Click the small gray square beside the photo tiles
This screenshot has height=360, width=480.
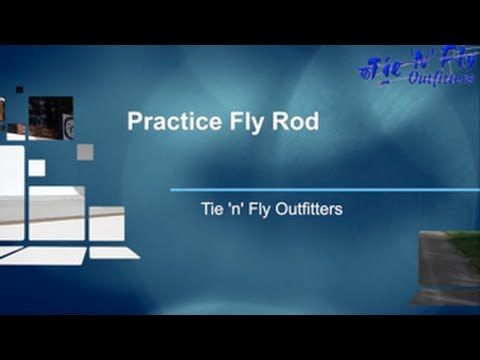coord(85,151)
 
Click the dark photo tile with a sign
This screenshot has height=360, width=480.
coord(50,118)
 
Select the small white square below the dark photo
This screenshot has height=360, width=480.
coord(36,167)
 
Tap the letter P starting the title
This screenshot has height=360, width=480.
coord(135,121)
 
